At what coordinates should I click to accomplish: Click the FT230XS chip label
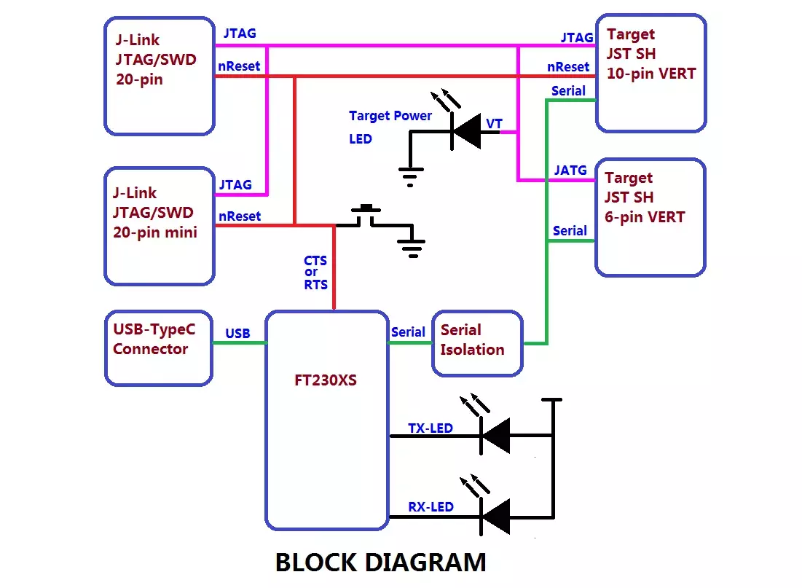326,380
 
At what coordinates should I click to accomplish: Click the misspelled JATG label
570,170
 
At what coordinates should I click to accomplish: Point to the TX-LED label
431,428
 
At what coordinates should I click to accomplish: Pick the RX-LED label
431,506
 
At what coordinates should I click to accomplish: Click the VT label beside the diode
494,124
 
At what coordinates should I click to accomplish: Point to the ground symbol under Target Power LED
411,177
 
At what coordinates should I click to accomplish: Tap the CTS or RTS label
315,273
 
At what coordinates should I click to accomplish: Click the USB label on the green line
238,334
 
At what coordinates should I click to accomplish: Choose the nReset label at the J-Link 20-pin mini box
240,216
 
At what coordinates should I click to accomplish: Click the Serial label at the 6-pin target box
570,231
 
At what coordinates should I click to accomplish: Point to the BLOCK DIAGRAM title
380,562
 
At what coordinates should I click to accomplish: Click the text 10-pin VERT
651,74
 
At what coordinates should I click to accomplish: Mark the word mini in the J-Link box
181,232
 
